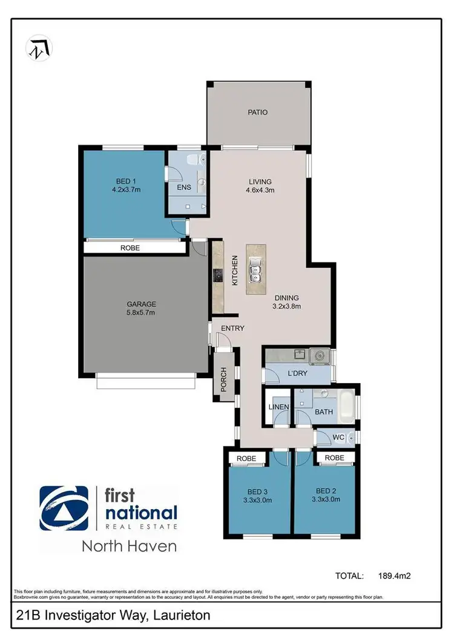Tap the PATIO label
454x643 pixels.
(257, 112)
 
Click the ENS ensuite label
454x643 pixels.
(184, 187)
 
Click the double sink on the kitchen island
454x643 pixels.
(255, 274)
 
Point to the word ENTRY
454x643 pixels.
(232, 328)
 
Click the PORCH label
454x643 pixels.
(223, 379)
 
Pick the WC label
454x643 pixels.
(339, 436)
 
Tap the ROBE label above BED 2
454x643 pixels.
(335, 458)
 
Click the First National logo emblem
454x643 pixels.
(64, 508)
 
